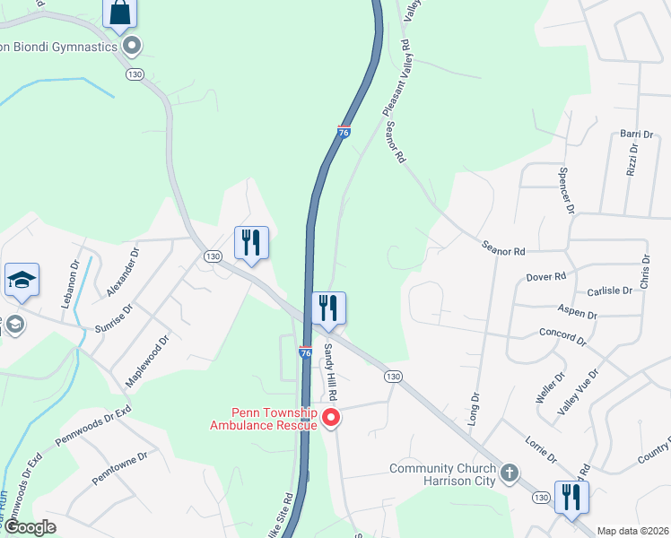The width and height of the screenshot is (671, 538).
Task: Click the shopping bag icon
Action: coord(119,13)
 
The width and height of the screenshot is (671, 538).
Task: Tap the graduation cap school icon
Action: coord(21,282)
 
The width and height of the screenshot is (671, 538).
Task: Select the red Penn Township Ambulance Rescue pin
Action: coord(331,417)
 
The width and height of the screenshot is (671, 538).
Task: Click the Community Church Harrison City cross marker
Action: coord(509,471)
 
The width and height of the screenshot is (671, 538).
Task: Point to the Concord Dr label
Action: coord(562,336)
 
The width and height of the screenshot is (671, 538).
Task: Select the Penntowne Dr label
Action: coord(118,469)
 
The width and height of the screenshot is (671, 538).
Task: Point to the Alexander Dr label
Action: coord(123,273)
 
